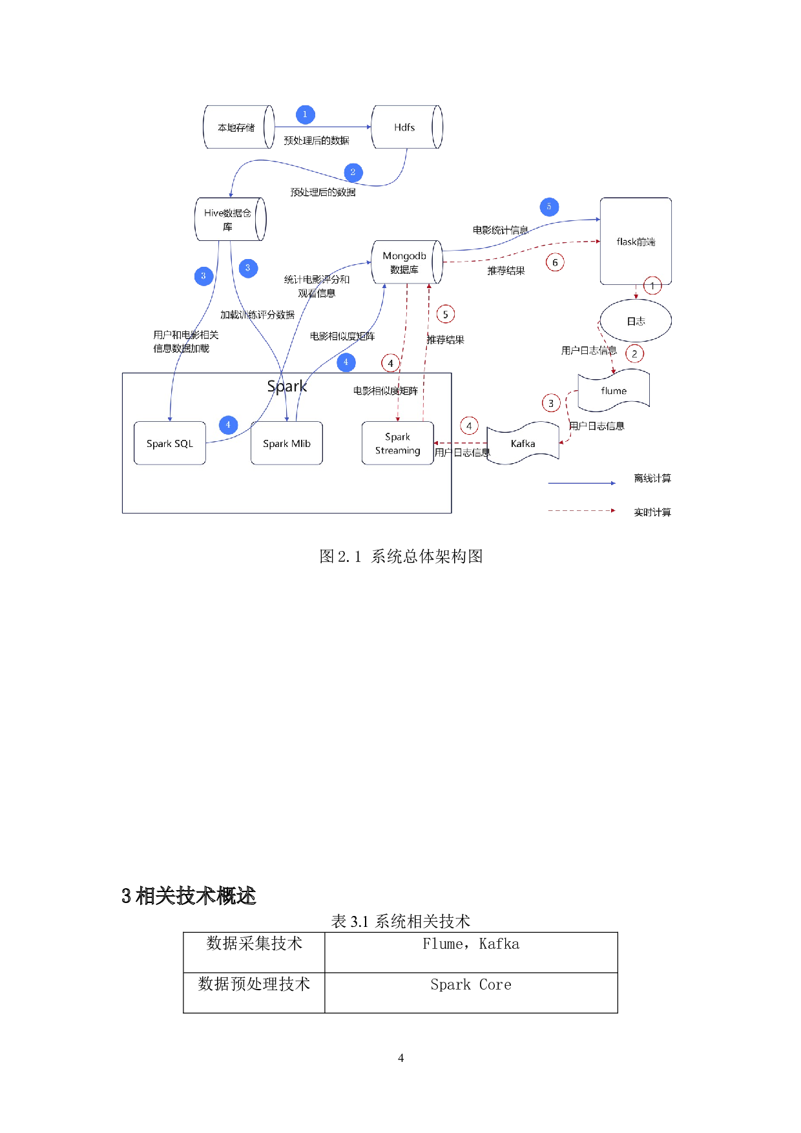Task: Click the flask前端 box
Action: pyautogui.click(x=636, y=242)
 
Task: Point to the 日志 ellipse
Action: pyautogui.click(x=636, y=321)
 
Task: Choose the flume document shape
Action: pyautogui.click(x=613, y=391)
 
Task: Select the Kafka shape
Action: pyautogui.click(x=523, y=444)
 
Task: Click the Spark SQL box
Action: pyautogui.click(x=170, y=443)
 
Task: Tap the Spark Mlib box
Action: pyautogui.click(x=287, y=443)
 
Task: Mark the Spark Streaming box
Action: pyautogui.click(x=397, y=443)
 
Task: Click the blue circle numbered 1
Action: pyautogui.click(x=306, y=115)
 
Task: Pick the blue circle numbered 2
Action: pyautogui.click(x=353, y=172)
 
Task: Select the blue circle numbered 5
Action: pyautogui.click(x=549, y=207)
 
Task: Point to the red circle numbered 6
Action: pyautogui.click(x=555, y=262)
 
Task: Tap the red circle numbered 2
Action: pyautogui.click(x=634, y=354)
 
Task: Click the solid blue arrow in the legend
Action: pyautogui.click(x=581, y=483)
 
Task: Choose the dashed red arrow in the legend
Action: pyautogui.click(x=581, y=510)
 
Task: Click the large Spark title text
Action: pyautogui.click(x=287, y=386)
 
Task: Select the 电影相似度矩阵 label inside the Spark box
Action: pyautogui.click(x=385, y=391)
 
